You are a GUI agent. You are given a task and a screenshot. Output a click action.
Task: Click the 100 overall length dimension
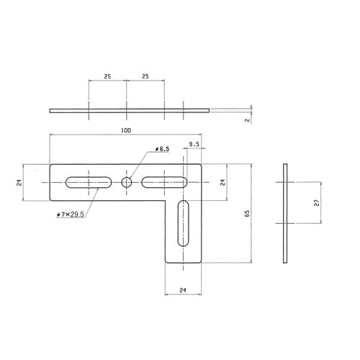126,130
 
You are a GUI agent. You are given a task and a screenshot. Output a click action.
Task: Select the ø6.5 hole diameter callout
161,149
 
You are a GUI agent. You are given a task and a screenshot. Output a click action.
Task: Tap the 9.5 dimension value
194,145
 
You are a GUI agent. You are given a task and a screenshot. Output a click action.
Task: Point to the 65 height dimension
247,213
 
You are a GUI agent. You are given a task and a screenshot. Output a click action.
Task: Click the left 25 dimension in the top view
107,76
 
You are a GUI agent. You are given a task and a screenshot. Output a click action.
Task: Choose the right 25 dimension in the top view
145,76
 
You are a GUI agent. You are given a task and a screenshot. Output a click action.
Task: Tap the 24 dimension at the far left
19,183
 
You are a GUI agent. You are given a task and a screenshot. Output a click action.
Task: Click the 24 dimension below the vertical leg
185,291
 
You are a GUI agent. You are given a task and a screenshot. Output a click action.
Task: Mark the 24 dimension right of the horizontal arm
222,183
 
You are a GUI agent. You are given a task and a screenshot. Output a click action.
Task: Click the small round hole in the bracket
127,183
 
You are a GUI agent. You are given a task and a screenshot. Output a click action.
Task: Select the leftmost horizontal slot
88,183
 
